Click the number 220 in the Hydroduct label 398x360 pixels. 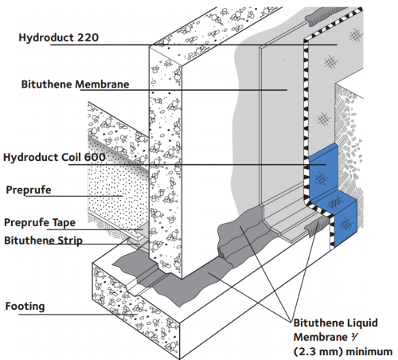88,37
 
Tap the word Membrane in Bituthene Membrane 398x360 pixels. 102,84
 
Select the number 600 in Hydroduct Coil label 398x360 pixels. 95,157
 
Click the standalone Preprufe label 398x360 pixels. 29,190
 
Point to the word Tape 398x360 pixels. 64,223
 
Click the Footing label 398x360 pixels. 25,307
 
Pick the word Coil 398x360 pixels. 72,157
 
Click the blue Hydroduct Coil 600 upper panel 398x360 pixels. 322,172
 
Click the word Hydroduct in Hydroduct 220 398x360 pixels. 47,37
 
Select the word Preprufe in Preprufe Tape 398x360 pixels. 27,223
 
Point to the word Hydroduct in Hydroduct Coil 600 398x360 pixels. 31,157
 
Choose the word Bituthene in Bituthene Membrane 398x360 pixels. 47,84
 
